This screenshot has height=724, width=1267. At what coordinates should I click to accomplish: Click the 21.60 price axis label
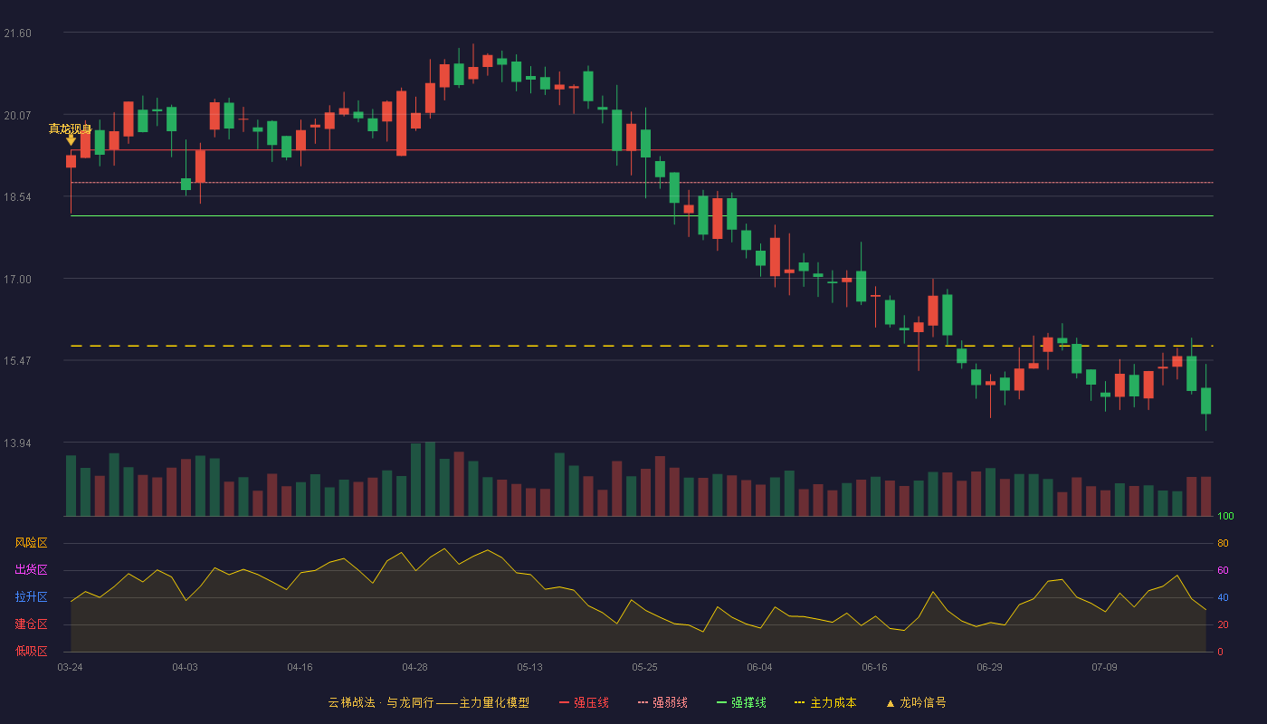click(17, 33)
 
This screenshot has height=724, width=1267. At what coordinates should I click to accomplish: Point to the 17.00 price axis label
click(17, 280)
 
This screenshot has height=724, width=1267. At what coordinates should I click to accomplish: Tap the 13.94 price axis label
click(17, 443)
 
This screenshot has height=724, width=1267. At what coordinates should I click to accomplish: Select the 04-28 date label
click(414, 668)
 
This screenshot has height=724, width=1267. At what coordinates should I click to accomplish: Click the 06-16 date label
click(874, 668)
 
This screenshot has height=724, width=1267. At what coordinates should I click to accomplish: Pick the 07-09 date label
click(1104, 668)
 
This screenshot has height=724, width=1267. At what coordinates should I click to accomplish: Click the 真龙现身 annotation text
click(71, 129)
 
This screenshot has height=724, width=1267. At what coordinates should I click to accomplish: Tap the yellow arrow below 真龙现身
click(71, 139)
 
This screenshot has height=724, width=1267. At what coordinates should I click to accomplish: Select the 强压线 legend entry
click(584, 702)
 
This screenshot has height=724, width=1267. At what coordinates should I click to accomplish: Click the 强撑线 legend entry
click(741, 702)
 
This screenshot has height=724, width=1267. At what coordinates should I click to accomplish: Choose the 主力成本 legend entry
click(825, 702)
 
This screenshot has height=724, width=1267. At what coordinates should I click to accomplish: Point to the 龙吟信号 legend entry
click(916, 702)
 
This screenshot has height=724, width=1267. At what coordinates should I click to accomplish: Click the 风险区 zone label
click(31, 543)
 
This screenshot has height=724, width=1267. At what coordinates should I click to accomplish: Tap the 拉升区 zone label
click(31, 597)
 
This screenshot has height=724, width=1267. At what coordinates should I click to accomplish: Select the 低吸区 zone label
click(31, 652)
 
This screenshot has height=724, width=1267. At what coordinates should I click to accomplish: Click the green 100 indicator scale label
click(1225, 516)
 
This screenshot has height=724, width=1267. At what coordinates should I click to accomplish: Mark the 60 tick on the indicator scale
click(1223, 570)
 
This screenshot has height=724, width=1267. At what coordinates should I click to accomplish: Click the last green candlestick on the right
click(1205, 400)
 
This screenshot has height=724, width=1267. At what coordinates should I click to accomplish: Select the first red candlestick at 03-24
click(71, 162)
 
